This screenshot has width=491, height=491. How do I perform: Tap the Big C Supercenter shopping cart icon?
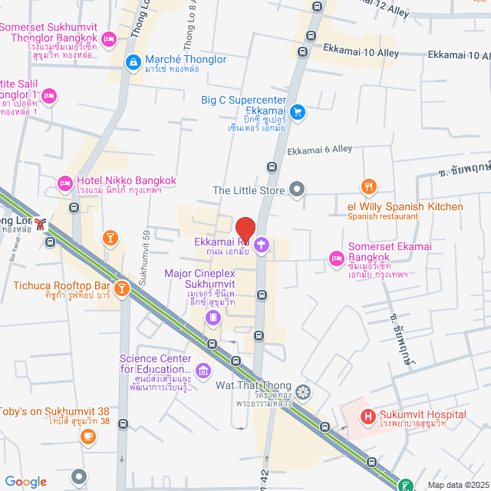pos(298,112)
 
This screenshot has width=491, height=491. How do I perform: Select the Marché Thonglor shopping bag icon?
pos(133,61)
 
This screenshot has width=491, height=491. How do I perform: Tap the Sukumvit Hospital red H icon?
pos(367,417)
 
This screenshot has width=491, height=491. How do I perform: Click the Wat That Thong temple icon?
pos(304,393)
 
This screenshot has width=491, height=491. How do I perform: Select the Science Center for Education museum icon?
pos(203,371)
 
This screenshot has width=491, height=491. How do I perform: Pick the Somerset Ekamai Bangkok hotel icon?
pos(335,259)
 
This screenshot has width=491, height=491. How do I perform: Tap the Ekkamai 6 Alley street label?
pos(319,150)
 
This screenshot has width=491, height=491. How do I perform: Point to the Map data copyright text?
pos(458,484)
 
